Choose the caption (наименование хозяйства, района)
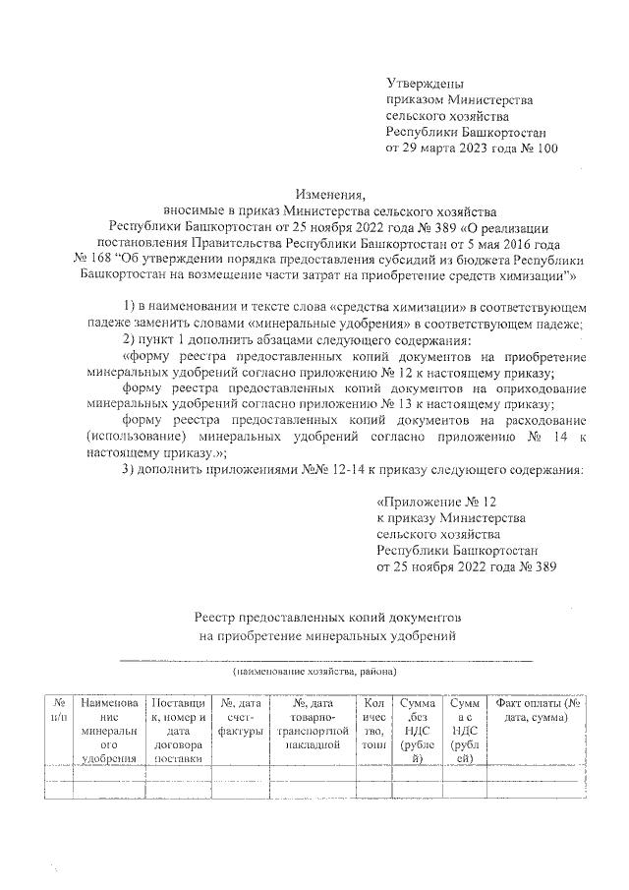pyautogui.click(x=314, y=672)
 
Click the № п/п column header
pyautogui.click(x=60, y=710)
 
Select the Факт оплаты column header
pyautogui.click(x=539, y=710)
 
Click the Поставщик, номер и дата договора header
pyautogui.click(x=178, y=731)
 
